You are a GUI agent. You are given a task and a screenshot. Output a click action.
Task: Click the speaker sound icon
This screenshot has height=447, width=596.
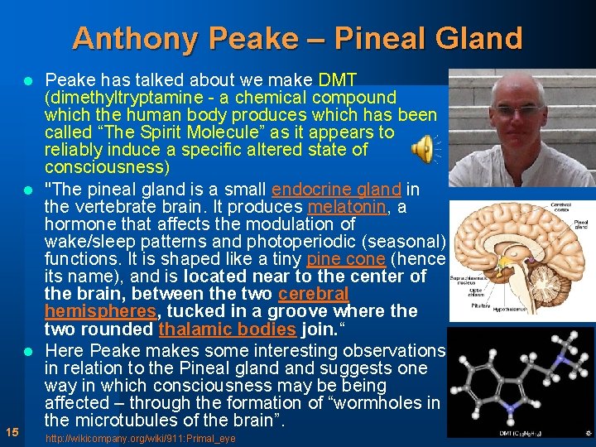tap(423, 148)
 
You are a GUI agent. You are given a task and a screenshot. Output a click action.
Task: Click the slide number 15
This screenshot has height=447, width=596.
tap(12, 431)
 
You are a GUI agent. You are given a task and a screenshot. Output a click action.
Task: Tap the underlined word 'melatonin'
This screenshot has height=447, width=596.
tap(347, 207)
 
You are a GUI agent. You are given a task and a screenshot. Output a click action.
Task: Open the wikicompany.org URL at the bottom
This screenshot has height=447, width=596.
tap(140, 438)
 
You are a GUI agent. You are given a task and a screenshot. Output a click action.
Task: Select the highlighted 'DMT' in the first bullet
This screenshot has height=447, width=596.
tap(337, 80)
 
